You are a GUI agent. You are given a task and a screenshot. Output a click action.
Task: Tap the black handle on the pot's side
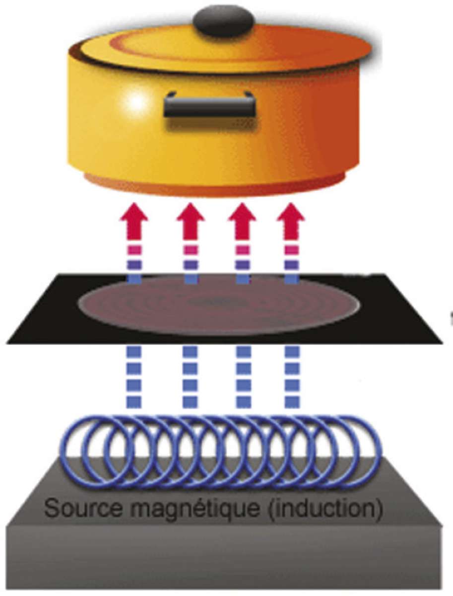[211, 106]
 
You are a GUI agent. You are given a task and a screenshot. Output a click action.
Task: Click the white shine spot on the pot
[137, 100]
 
